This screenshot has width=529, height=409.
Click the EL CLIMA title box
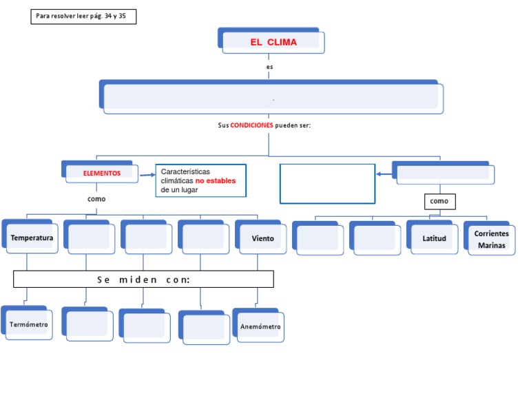pos(273,42)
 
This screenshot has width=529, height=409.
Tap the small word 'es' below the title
pos(270,67)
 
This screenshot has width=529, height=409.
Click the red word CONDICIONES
pos(251,125)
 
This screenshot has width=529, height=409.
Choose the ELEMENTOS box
pos(101,174)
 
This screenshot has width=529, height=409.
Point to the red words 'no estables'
pos(215,181)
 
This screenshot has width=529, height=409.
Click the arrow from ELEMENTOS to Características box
pos(147,175)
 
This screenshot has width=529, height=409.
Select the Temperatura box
pos(31,238)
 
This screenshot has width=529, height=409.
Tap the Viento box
pos(262,238)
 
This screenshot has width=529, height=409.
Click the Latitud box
pos(434,239)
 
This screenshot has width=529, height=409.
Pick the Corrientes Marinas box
pos(491,240)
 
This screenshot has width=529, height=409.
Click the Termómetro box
pos(28,324)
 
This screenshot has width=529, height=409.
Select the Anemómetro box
pos(260,326)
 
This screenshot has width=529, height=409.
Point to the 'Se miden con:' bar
pos(143,279)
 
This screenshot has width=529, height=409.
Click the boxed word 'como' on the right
pos(439,201)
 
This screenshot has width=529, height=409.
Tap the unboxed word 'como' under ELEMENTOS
pos(96,198)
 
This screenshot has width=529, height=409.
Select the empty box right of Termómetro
pos(89,324)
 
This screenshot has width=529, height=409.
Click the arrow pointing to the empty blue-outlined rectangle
pos(384,174)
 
